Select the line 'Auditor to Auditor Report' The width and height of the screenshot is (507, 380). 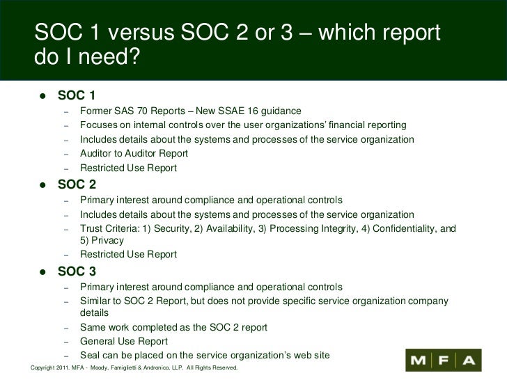click(134, 154)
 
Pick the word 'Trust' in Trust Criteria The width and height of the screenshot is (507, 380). click(92, 228)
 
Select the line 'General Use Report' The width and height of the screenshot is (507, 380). click(123, 342)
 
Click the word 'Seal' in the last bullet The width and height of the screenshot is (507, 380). click(91, 356)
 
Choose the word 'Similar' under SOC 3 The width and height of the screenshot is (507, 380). click(97, 301)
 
